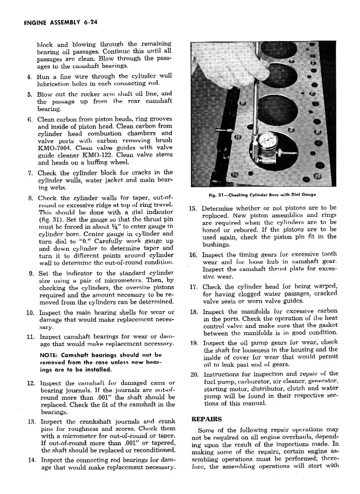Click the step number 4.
pos(29,76)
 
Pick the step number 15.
pos(192,208)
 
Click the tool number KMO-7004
pos(54,148)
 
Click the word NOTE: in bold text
pos(49,355)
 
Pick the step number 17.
pos(193,287)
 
